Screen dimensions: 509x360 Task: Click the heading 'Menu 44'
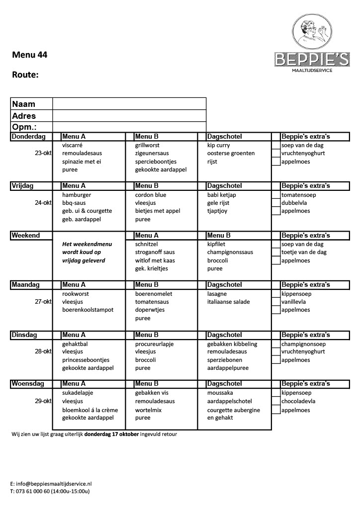click(30, 55)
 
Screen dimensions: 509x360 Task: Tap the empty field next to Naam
click(129, 103)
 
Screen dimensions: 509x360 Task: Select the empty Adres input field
click(129, 115)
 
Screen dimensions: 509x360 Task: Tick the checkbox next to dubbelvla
click(276, 203)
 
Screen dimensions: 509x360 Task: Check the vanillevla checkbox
click(276, 302)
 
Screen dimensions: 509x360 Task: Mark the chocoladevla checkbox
click(276, 402)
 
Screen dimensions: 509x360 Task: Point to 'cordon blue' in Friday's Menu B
click(151, 195)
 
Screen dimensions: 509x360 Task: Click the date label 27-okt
click(43, 302)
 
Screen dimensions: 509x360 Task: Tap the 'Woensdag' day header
click(27, 384)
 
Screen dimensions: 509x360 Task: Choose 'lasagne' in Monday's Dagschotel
click(217, 294)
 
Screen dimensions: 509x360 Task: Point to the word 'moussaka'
click(220, 393)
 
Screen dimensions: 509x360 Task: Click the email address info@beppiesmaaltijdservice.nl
click(54, 483)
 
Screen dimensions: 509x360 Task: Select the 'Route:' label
click(25, 75)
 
